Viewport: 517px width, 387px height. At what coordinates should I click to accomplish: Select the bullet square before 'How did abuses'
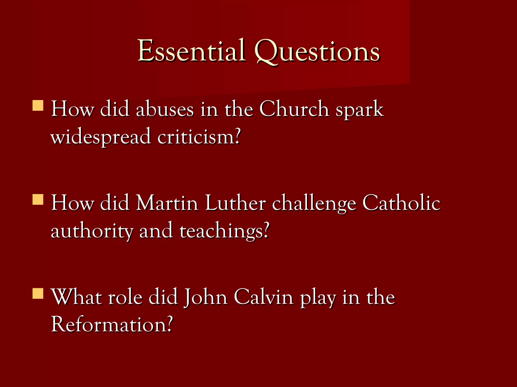[38, 106]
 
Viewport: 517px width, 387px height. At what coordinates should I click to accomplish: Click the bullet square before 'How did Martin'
[38, 199]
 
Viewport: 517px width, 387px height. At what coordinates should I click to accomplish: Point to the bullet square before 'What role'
[38, 293]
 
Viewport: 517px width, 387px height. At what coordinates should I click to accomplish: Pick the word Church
[294, 109]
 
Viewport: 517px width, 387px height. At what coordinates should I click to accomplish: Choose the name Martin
[167, 203]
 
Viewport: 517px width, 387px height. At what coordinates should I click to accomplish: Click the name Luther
[235, 203]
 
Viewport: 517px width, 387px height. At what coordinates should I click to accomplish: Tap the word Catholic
[401, 203]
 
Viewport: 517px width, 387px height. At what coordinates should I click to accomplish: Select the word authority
[92, 231]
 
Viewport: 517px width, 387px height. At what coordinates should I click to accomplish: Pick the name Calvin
[263, 297]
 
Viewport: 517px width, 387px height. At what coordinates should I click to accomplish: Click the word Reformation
[112, 325]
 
